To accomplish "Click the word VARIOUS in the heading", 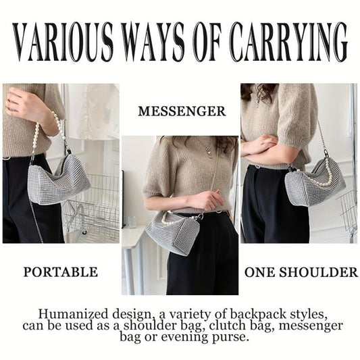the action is pos(63,42).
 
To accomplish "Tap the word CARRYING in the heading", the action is pos(288,42).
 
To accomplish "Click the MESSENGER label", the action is pos(182,111).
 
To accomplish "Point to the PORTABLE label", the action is pos(61,272).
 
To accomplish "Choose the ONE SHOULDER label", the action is pos(301,272).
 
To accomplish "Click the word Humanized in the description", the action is pos(73,314).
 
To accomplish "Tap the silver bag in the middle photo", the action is pos(173,233).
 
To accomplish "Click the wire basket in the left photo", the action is pos(92,207).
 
